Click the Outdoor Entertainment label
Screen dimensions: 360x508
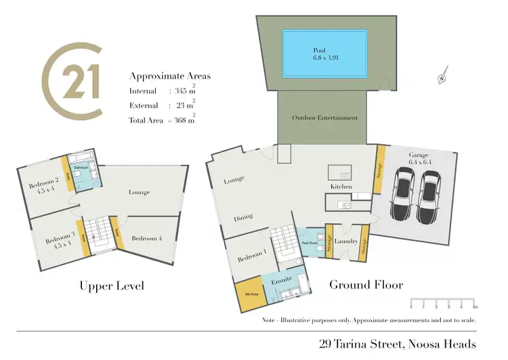click(x=324, y=117)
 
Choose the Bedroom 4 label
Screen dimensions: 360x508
click(x=147, y=238)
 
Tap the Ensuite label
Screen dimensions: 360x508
click(x=281, y=279)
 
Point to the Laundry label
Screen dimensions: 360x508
click(x=345, y=241)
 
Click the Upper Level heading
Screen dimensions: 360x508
click(x=111, y=285)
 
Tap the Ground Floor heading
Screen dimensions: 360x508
click(x=366, y=285)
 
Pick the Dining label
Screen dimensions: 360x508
click(x=243, y=217)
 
